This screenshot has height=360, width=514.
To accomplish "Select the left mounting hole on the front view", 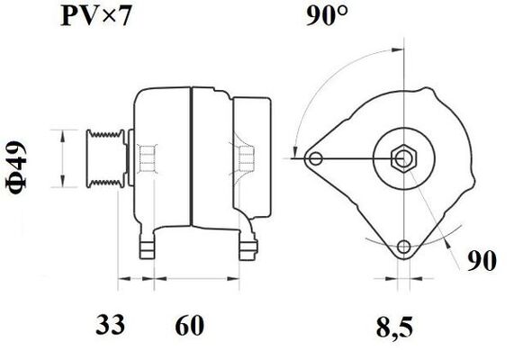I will tap(314, 160).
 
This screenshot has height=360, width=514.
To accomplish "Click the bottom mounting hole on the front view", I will tap(403, 247).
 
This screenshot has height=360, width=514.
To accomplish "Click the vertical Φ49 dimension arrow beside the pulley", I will tap(62, 158).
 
